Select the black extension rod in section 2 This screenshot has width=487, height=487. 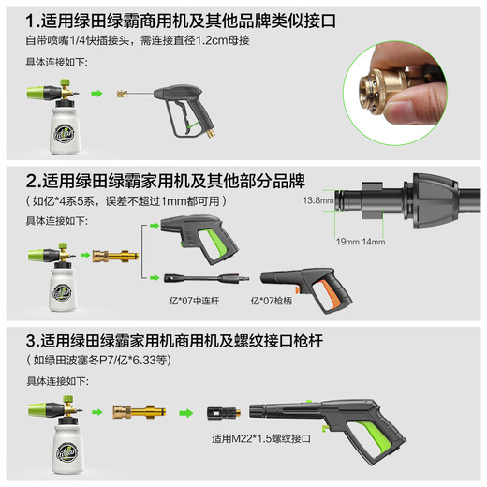pos(201,278)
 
